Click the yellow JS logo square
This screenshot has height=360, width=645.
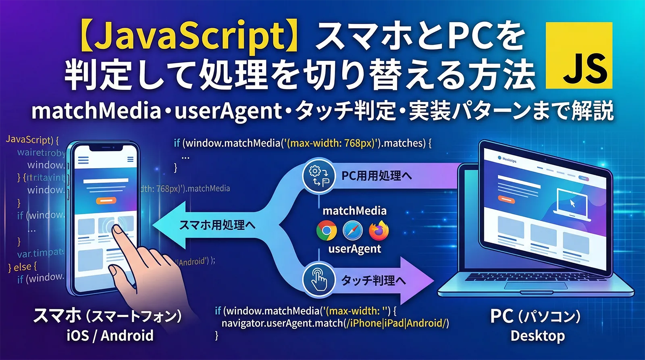point(579,56)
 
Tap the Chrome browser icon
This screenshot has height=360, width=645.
point(326,231)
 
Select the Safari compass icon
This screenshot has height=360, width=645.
point(352,231)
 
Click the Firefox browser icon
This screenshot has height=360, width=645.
point(378,231)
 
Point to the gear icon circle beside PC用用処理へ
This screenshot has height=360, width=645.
point(318,176)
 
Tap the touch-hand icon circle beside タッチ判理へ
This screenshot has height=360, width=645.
point(318,279)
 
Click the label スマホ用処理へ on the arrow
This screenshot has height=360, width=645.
point(217,225)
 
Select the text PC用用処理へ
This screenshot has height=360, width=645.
point(377,176)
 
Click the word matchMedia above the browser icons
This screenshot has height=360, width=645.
point(354,211)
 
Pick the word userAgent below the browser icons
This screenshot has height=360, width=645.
point(354,249)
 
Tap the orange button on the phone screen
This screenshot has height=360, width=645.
point(106,200)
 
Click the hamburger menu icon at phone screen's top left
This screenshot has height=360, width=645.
point(83,160)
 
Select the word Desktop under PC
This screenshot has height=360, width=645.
point(537,335)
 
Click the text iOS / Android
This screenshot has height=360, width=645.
point(110,335)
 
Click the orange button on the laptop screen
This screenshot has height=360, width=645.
point(506,199)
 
